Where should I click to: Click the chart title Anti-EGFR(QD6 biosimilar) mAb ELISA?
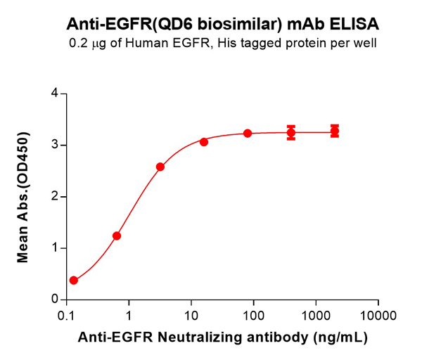(x=223, y=24)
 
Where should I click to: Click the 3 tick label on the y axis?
(x=53, y=146)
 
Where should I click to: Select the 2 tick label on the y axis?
(x=53, y=197)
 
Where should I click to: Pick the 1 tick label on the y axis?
(x=53, y=248)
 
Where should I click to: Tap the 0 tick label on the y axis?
(x=53, y=300)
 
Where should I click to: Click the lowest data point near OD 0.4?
(x=74, y=280)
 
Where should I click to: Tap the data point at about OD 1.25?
(x=117, y=236)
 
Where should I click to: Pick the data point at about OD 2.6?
(x=160, y=167)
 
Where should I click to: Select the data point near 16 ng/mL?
(x=204, y=142)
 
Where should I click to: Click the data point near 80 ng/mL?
(x=248, y=134)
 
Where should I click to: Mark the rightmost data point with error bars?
(x=335, y=131)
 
